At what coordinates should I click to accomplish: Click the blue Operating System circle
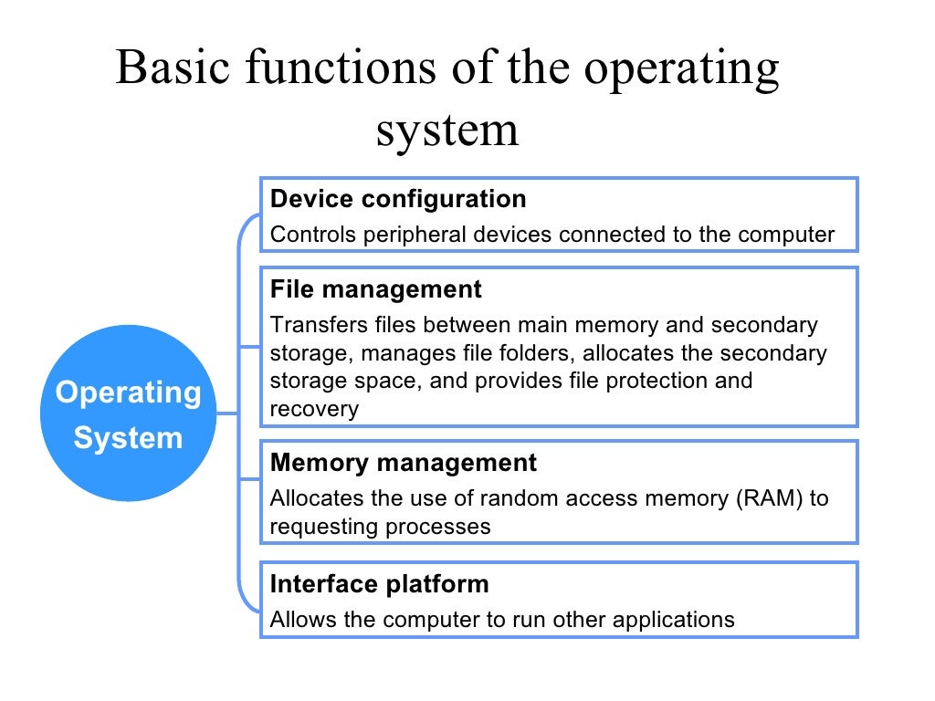tap(128, 413)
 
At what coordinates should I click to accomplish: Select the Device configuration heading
tap(398, 199)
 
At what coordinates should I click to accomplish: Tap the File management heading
tap(376, 289)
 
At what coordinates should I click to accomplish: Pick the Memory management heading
tap(404, 463)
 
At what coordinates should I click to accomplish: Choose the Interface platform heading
tap(379, 583)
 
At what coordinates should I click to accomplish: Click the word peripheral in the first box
tap(415, 235)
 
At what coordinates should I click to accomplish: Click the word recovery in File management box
tap(314, 409)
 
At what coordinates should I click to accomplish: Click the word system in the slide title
tap(447, 130)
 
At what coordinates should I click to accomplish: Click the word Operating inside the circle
tap(128, 392)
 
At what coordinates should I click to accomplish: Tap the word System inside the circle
tap(128, 438)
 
